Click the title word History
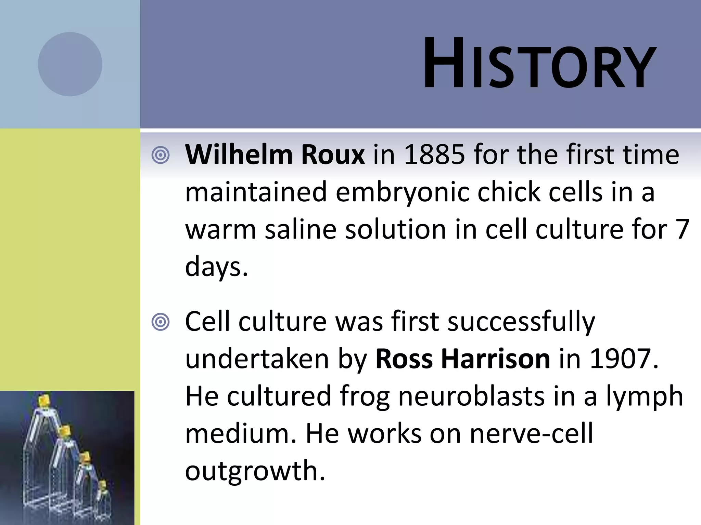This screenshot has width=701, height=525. [x=539, y=64]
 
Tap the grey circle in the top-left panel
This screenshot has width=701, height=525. [x=70, y=64]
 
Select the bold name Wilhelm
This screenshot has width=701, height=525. [x=239, y=155]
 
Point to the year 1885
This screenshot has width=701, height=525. [x=434, y=155]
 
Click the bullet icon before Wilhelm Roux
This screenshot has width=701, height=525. [x=161, y=156]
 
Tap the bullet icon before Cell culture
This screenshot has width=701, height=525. [x=161, y=322]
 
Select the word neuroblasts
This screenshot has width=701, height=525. [x=471, y=396]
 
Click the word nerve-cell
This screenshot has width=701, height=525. [x=531, y=433]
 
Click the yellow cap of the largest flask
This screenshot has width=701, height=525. [x=44, y=400]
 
